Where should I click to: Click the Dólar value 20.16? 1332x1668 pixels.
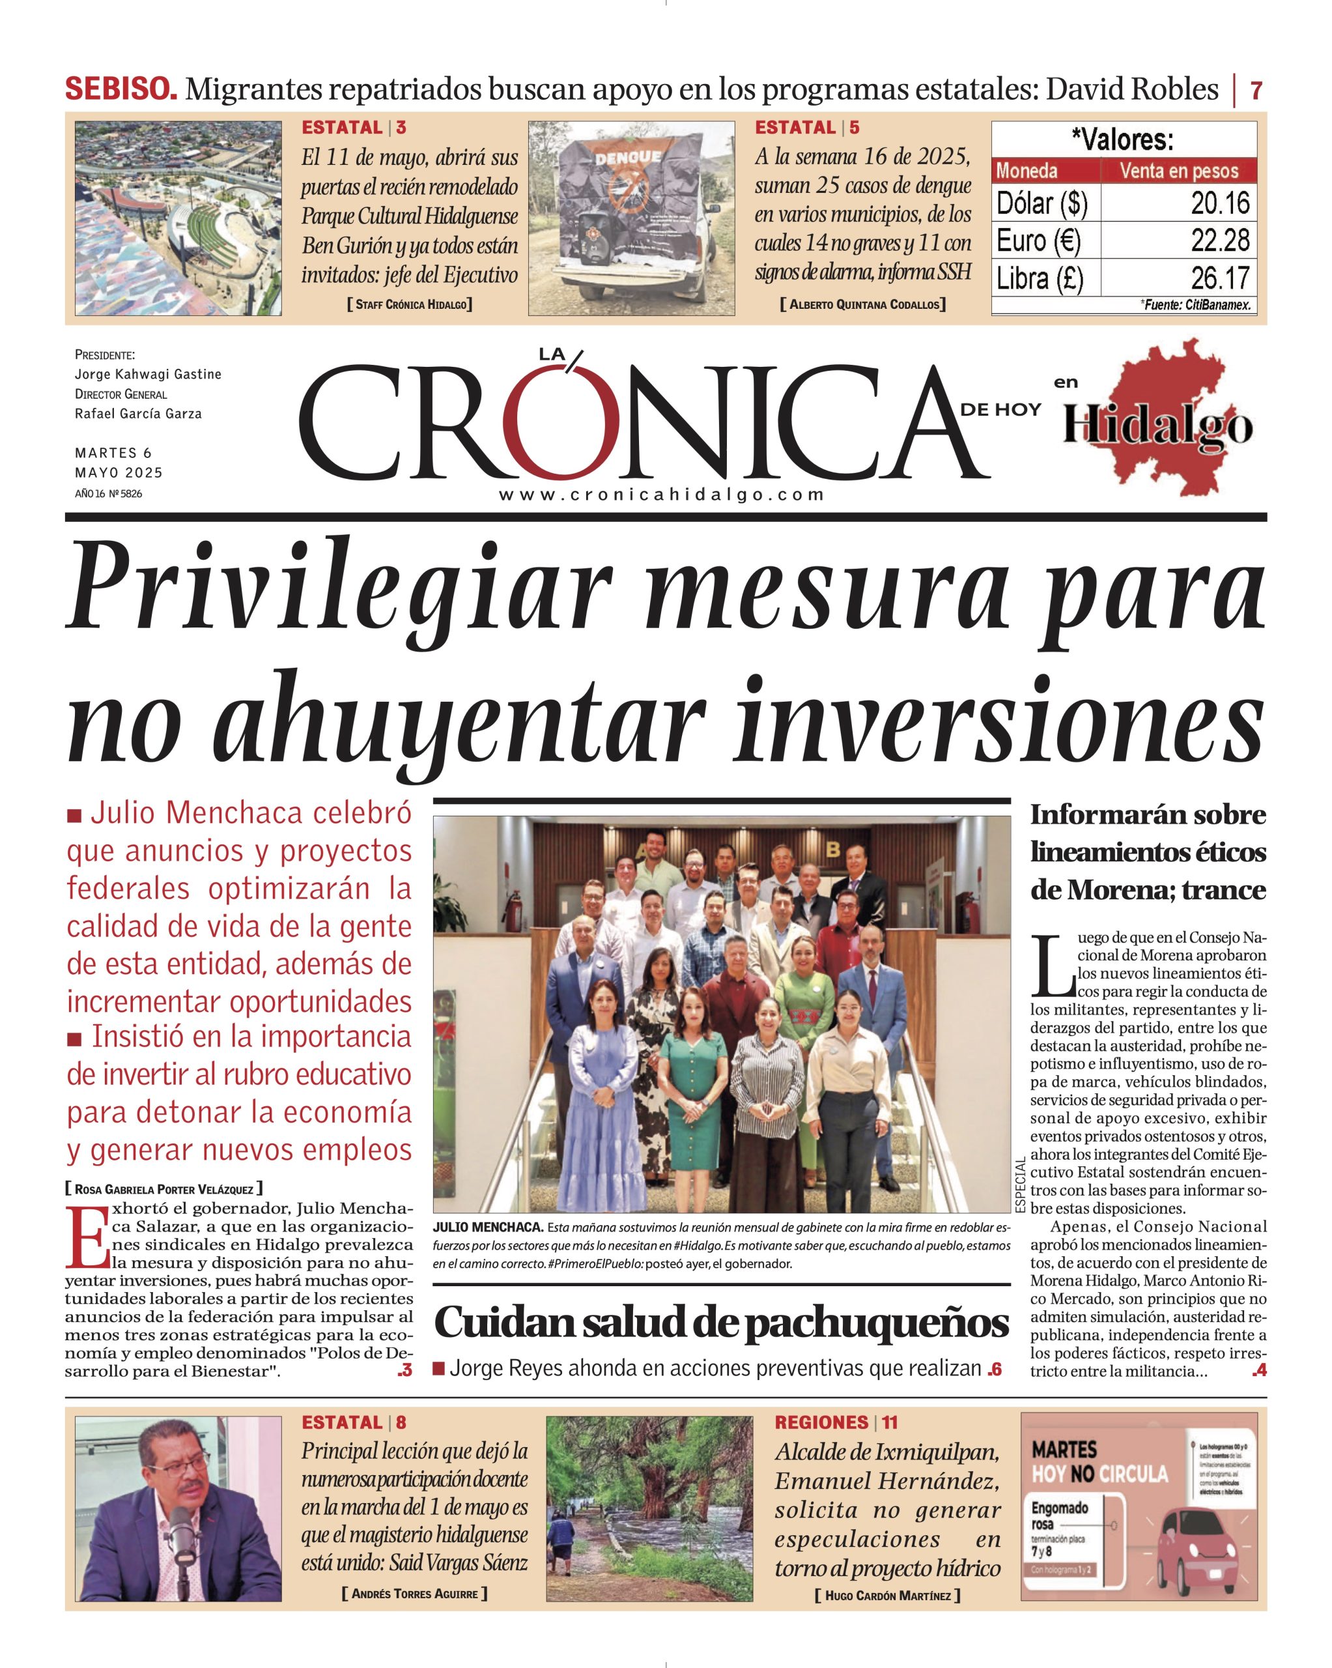click(1220, 203)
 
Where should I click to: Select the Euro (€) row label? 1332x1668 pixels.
click(1038, 240)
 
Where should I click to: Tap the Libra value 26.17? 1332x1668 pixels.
click(1220, 278)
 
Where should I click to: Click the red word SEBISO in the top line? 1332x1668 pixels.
click(120, 90)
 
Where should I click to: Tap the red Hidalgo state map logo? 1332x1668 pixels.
click(1156, 418)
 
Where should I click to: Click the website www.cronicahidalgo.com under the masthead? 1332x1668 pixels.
click(661, 495)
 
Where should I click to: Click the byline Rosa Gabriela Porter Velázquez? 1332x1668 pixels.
click(164, 1188)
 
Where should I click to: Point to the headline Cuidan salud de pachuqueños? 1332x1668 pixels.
click(721, 1322)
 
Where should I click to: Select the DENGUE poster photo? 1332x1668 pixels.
click(631, 218)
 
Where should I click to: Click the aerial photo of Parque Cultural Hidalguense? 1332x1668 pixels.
click(178, 218)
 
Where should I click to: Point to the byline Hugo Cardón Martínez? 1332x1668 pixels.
click(887, 1595)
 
